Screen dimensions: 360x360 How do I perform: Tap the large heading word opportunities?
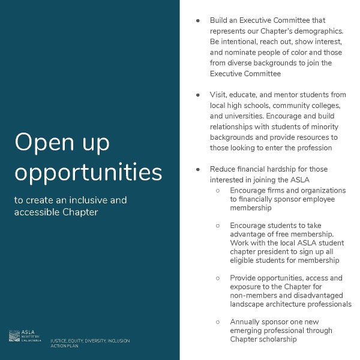click(88, 173)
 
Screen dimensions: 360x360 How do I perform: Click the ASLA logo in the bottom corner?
click(25, 336)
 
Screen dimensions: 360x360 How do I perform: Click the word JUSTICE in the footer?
click(61, 341)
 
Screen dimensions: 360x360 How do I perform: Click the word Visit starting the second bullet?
click(218, 95)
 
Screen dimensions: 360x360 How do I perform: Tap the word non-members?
click(256, 295)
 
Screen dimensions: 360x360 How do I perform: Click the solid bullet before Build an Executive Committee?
click(197, 20)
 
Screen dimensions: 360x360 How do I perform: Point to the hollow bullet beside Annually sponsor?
click(217, 322)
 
